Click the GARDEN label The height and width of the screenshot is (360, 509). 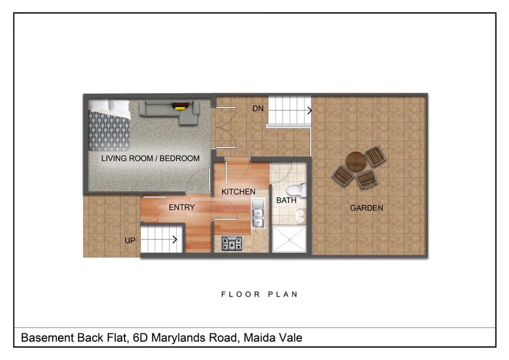pyautogui.click(x=366, y=208)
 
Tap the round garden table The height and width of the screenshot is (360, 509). pyautogui.click(x=356, y=161)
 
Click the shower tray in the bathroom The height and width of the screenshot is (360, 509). pyautogui.click(x=289, y=239)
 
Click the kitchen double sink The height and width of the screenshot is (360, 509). pyautogui.click(x=258, y=213)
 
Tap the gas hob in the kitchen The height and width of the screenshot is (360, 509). pyautogui.click(x=232, y=244)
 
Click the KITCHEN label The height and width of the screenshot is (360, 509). pyautogui.click(x=238, y=192)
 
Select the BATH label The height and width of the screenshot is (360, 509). pyautogui.click(x=286, y=200)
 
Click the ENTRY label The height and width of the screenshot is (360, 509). pyautogui.click(x=182, y=207)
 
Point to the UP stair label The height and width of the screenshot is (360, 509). pyautogui.click(x=130, y=241)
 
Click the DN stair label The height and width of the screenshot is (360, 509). pyautogui.click(x=258, y=108)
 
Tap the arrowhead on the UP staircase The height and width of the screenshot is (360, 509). pyautogui.click(x=175, y=240)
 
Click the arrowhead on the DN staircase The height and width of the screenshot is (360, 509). pyautogui.click(x=310, y=110)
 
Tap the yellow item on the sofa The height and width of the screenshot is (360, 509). pyautogui.click(x=178, y=108)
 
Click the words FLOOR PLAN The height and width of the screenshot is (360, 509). pyautogui.click(x=259, y=294)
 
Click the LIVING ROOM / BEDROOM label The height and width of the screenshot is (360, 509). pyautogui.click(x=150, y=159)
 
